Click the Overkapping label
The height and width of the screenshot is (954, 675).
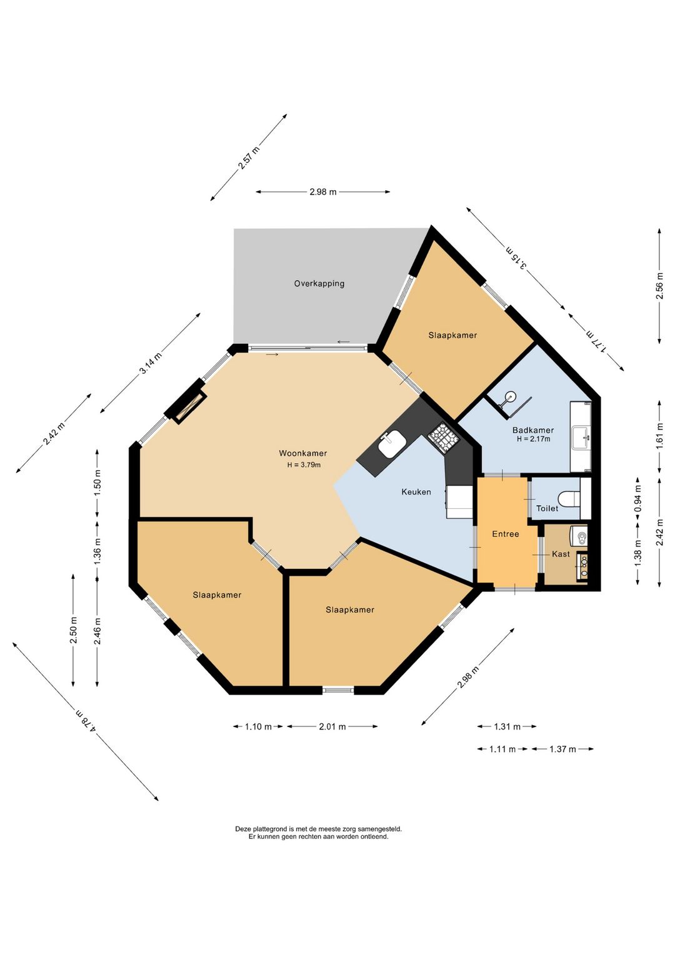319,284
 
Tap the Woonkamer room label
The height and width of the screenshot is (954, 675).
302,453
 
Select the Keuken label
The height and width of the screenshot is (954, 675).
416,492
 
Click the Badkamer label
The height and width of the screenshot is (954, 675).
533,430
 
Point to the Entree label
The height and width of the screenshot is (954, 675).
506,534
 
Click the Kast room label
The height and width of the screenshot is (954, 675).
561,554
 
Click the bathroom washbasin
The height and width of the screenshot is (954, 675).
581,436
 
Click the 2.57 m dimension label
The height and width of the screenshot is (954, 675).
248,158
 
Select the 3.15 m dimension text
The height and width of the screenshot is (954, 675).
516,258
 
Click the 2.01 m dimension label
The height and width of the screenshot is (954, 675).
332,726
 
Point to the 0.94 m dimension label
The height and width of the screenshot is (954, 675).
638,499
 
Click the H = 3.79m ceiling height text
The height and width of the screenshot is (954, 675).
304,464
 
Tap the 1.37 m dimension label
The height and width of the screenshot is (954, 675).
562,749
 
